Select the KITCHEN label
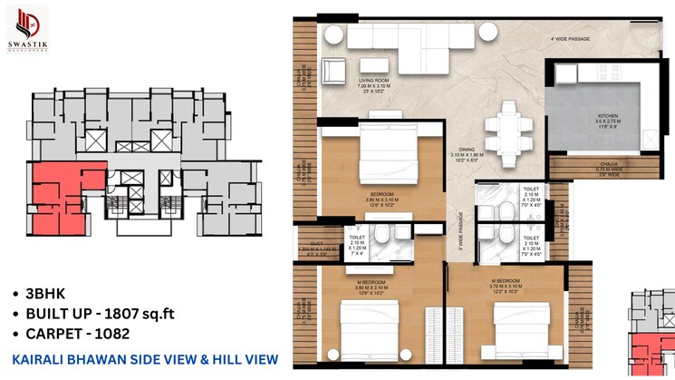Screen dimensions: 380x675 pyautogui.click(x=606, y=116)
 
